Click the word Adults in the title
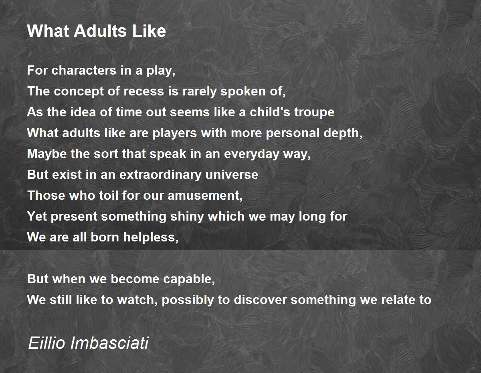[x=100, y=31]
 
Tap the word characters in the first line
[x=84, y=70]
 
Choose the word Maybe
[x=47, y=154]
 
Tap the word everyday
[x=252, y=154]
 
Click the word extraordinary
[x=160, y=175]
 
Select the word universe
[x=232, y=175]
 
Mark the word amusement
[x=205, y=196]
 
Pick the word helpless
[x=151, y=237]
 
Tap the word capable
[x=189, y=279]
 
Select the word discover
[x=260, y=300]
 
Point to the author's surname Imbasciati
[x=109, y=343]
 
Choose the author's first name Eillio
[x=46, y=343]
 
